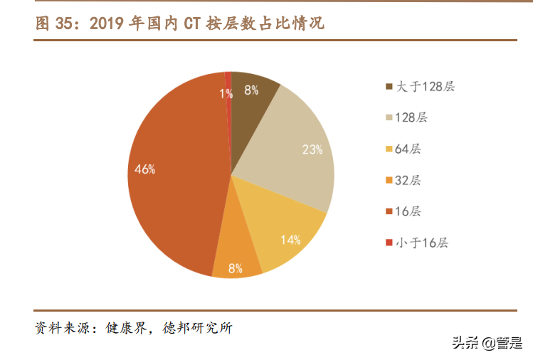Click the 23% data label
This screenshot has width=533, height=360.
[312, 150]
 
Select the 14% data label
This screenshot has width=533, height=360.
[290, 240]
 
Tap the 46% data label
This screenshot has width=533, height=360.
[145, 169]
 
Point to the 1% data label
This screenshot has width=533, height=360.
[226, 93]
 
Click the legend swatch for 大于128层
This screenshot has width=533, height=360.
[389, 87]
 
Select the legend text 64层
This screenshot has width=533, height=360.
[409, 149]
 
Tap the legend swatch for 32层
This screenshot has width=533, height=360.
[389, 181]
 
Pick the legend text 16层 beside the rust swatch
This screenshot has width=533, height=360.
[409, 211]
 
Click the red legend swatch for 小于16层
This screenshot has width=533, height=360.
[389, 243]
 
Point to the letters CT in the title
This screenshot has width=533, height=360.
[193, 23]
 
